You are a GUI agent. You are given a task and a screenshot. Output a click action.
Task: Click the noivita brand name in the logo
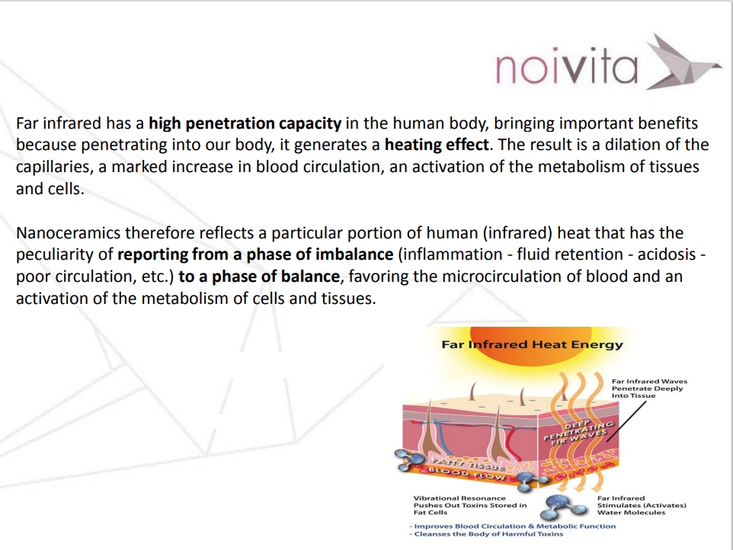point(566,66)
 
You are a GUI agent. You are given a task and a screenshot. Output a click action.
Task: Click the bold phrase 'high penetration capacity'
point(245,123)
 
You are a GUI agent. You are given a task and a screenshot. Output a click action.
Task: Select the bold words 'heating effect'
point(437,145)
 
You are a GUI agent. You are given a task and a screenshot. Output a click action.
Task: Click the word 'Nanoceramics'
point(68,232)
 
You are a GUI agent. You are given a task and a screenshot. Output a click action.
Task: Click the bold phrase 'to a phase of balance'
point(259,277)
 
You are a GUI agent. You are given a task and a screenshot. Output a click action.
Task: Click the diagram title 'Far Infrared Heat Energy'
point(532,345)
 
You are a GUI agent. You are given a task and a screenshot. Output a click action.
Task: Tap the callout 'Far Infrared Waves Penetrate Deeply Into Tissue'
point(649,389)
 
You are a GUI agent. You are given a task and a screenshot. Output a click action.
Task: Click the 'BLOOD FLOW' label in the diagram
point(468,473)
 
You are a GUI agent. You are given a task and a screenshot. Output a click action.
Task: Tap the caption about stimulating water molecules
point(642,505)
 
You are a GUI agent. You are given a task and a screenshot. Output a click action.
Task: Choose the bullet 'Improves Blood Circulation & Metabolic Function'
point(513,526)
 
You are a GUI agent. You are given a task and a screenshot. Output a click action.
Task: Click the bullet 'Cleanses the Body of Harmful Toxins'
point(487,534)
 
